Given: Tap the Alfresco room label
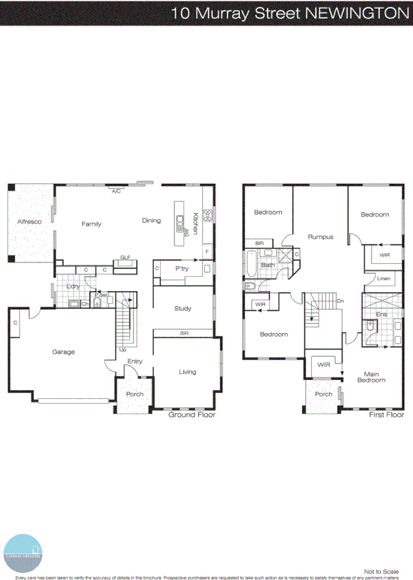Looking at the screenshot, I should [x=30, y=222].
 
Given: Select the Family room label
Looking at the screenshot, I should [x=92, y=224].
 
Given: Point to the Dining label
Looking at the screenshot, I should [x=151, y=220].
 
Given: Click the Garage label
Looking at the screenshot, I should [x=64, y=351].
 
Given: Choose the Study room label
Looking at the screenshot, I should [x=182, y=309].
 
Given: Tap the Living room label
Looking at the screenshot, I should [x=187, y=372].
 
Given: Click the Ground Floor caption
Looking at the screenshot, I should [x=191, y=414].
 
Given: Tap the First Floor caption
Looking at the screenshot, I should [x=387, y=414].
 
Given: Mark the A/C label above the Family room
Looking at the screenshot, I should [x=116, y=191].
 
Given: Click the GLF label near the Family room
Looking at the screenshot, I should [x=125, y=258].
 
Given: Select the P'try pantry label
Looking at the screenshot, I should [x=181, y=269].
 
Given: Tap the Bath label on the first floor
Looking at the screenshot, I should [x=268, y=265].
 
